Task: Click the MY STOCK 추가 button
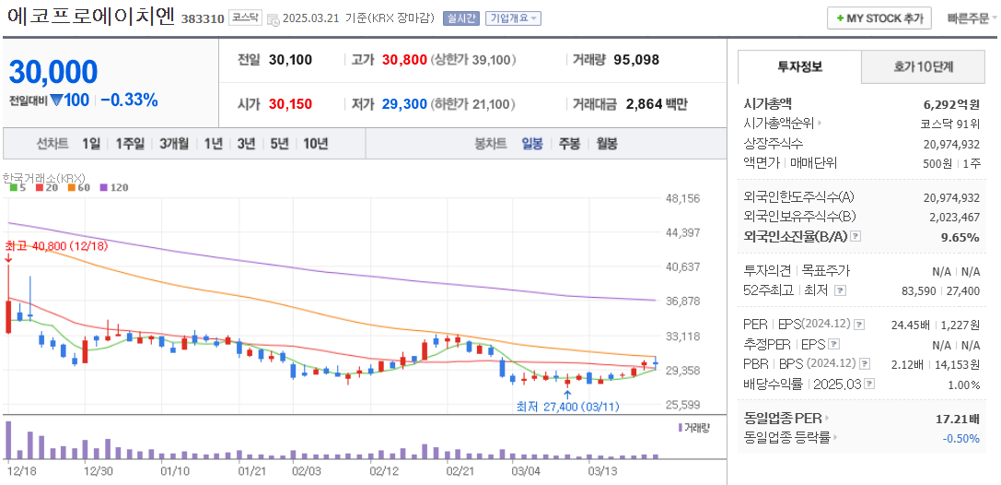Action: point(879,18)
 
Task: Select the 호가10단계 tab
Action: point(924,67)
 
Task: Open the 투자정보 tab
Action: point(799,67)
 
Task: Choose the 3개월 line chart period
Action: point(173,144)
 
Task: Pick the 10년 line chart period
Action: point(315,144)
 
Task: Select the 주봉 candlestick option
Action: point(569,144)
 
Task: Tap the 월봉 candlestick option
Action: point(606,144)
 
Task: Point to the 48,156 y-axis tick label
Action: point(682,198)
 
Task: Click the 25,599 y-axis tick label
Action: point(682,405)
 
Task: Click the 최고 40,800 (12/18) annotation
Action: point(56,247)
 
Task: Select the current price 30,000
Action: point(53,72)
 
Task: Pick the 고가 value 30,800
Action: point(403,60)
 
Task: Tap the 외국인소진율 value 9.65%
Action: point(960,237)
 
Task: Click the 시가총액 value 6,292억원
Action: point(951,104)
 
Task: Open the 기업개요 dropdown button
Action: point(513,18)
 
